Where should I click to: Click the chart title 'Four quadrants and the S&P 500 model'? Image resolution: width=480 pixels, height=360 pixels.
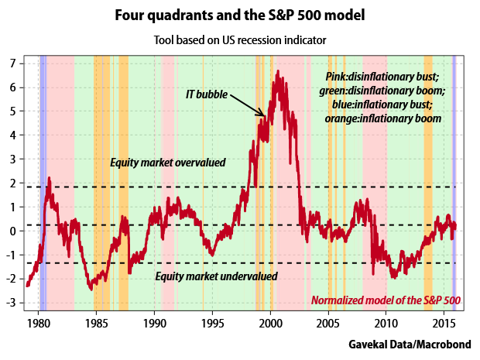[239, 15]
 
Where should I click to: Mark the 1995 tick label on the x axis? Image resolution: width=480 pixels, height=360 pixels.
[213, 321]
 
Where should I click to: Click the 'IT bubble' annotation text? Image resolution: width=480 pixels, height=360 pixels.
[207, 94]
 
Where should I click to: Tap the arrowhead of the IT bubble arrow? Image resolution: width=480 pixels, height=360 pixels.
[264, 115]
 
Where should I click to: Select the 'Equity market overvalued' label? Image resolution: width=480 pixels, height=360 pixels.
[167, 163]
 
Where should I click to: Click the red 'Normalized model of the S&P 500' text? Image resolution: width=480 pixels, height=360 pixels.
[386, 300]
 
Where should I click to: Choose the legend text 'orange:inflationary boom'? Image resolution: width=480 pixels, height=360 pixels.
[385, 118]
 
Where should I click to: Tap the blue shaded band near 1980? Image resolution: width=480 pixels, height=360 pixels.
[43, 186]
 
